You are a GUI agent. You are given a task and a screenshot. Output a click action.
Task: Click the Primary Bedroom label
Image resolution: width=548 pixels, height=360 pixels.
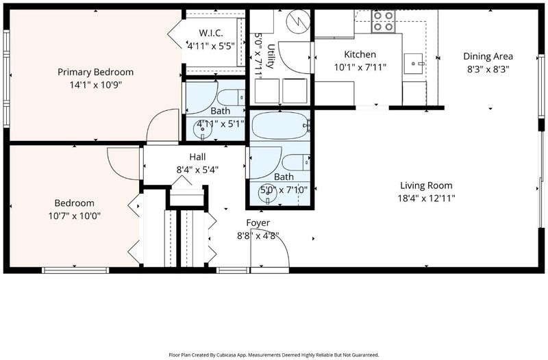click(95, 72)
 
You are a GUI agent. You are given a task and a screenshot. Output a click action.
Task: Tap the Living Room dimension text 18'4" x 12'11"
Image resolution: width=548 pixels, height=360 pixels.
click(426, 198)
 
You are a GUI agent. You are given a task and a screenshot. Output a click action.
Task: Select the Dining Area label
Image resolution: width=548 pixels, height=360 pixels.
click(488, 56)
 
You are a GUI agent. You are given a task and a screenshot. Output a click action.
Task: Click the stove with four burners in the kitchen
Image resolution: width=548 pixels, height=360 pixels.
click(384, 21)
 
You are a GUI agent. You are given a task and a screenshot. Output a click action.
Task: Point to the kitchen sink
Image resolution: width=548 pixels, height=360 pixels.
click(414, 64)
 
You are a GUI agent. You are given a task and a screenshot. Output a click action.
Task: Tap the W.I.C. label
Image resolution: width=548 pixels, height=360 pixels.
click(211, 33)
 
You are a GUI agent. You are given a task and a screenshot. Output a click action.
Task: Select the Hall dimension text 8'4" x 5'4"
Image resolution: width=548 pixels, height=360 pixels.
click(197, 170)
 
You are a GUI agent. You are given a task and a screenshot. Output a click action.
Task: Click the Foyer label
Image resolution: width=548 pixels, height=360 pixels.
click(258, 222)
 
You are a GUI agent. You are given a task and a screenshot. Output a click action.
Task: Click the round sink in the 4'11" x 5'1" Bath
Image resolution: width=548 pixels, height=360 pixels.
click(203, 130)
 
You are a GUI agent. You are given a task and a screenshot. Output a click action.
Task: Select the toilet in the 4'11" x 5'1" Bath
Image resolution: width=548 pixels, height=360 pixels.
click(231, 97)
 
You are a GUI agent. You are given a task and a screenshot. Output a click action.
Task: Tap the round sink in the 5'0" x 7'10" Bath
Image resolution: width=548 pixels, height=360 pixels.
click(267, 194)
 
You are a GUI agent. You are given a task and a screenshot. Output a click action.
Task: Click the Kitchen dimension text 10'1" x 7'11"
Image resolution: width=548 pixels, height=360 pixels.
click(360, 67)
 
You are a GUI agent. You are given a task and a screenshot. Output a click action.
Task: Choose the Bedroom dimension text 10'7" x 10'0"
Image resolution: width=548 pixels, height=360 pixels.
click(75, 216)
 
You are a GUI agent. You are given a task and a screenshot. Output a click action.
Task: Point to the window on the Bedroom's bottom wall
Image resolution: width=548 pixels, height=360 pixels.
click(75, 270)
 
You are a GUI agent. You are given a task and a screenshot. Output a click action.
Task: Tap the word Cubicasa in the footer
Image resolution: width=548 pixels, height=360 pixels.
click(228, 355)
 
